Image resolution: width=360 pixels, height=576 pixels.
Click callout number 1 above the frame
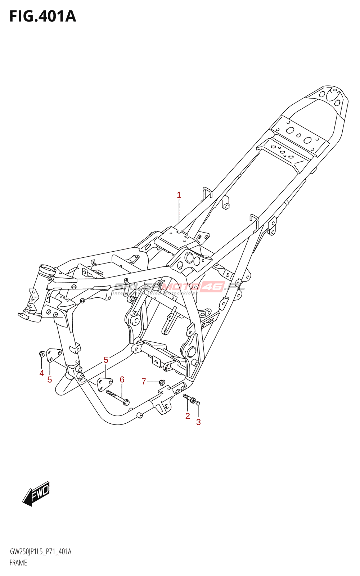[x=179, y=195]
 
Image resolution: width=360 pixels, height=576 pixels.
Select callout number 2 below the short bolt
[x=188, y=416]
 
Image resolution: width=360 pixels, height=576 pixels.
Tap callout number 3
[x=198, y=422]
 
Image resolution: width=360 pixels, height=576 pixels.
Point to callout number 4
[x=42, y=373]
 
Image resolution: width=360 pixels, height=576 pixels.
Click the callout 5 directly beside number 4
[x=50, y=379]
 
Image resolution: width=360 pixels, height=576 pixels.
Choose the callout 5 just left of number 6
[x=106, y=360]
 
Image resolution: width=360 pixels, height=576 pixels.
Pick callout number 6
[x=122, y=379]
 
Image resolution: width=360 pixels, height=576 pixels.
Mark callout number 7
[x=144, y=381]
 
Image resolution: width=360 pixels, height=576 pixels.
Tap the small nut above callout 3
[x=198, y=403]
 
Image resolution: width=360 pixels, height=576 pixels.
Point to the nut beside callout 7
[x=162, y=382]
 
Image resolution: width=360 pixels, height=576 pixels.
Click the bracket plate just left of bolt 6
[x=104, y=383]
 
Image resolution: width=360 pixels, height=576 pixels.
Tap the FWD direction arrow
[x=36, y=494]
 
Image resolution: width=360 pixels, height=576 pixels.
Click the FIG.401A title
[x=42, y=17]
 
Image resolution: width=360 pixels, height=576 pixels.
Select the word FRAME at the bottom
[x=18, y=563]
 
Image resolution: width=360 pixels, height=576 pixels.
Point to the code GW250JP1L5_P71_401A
[x=40, y=552]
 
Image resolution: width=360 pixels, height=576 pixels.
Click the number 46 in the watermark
[x=212, y=287]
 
